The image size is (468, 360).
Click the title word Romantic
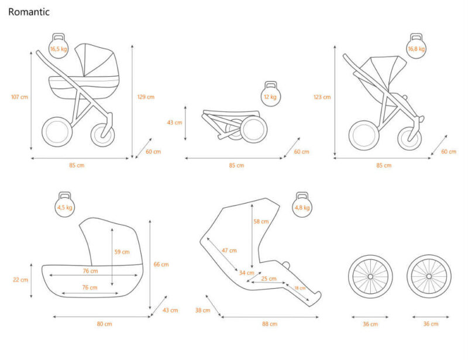tap(29, 12)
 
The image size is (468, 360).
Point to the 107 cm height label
tap(19, 97)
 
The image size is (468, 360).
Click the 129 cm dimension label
tap(146, 97)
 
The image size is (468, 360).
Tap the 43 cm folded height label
tap(174, 122)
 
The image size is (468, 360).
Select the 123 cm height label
tap(322, 97)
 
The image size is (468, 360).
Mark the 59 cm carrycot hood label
tap(122, 252)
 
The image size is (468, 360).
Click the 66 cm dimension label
tap(161, 264)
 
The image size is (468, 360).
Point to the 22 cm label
tap(20, 279)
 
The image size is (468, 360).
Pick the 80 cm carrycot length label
tap(104, 324)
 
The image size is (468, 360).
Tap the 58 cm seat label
tap(261, 222)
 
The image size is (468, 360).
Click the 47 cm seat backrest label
tap(229, 251)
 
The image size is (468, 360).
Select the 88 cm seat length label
tap(270, 324)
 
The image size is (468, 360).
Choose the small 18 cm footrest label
tap(300, 288)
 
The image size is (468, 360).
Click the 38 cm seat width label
tap(202, 310)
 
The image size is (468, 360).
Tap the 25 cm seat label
tap(269, 279)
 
